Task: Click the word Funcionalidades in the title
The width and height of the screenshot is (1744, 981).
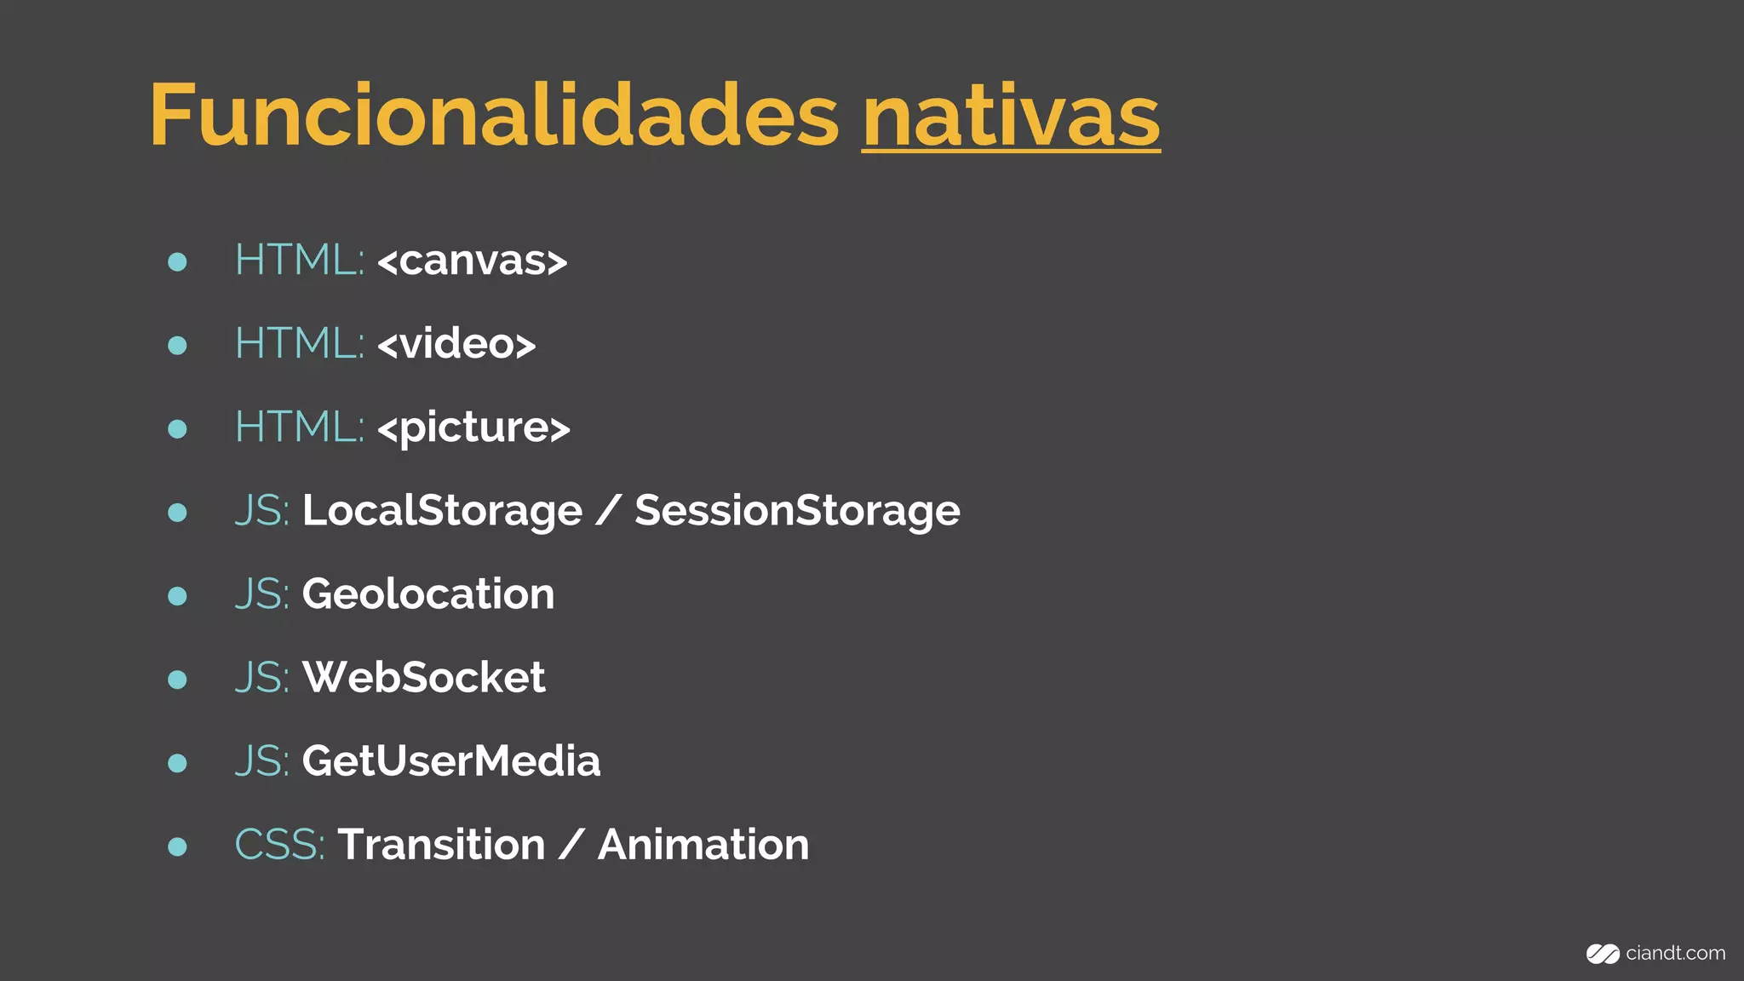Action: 494,115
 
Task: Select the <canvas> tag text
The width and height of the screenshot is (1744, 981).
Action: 473,261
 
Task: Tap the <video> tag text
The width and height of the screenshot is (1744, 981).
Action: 456,344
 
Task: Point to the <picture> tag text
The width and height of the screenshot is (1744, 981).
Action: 473,427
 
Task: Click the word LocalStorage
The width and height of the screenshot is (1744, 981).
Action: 442,511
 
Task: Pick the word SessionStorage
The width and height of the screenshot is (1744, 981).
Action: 797,511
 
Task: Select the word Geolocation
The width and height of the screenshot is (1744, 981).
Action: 427,594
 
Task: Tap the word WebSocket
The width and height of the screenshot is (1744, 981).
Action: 423,678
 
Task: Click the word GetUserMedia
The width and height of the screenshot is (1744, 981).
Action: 450,760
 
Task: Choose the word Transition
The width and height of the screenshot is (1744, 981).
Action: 441,845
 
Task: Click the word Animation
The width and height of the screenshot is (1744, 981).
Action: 703,845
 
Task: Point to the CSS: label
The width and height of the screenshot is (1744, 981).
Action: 279,845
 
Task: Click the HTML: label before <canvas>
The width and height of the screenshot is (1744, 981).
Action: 299,260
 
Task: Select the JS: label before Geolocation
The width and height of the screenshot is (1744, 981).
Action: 261,594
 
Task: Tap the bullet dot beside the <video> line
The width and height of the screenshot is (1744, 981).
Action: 177,345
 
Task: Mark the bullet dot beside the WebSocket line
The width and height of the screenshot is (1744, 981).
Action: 177,679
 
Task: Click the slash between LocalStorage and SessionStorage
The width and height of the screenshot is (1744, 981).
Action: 608,511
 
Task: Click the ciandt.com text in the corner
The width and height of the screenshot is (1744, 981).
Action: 1675,953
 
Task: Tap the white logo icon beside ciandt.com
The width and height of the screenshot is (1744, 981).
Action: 1602,954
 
